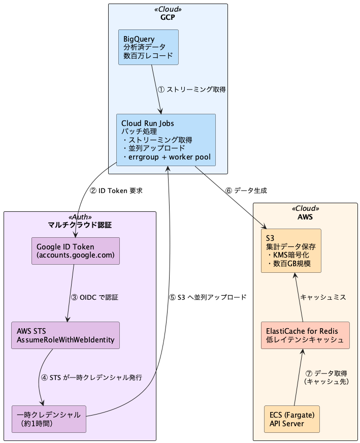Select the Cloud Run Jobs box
tap(166, 140)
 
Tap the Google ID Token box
tap(76, 251)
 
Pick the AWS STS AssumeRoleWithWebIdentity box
tap(66, 335)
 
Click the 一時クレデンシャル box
tap(49, 419)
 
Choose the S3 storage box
tap(291, 251)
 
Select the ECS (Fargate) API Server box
tap(292, 419)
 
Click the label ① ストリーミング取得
tap(191, 89)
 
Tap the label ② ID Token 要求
tap(116, 191)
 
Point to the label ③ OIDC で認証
tap(97, 297)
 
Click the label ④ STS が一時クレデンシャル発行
tap(91, 377)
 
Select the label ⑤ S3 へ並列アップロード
tap(208, 297)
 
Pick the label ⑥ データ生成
tap(246, 191)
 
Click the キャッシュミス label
tap(323, 297)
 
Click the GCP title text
tap(168, 17)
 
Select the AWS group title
tap(305, 216)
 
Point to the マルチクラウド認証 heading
tap(80, 225)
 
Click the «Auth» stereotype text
tap(80, 217)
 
